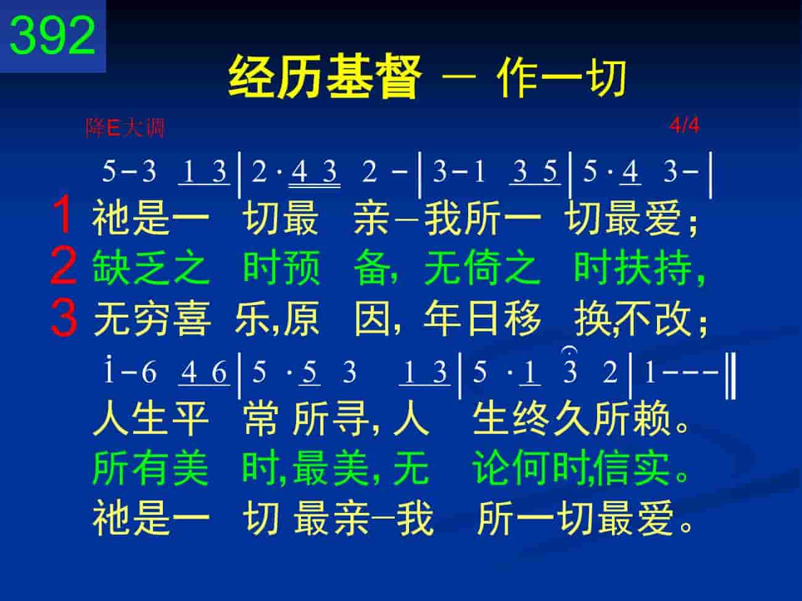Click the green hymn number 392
[52, 36]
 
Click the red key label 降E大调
[125, 128]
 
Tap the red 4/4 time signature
[684, 126]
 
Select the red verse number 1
[63, 214]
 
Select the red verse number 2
[64, 265]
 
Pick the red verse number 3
[64, 317]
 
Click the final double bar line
[730, 376]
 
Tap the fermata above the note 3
[569, 351]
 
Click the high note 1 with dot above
[109, 370]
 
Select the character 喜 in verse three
[192, 319]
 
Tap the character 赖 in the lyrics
[651, 418]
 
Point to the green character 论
[492, 468]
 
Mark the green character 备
[373, 268]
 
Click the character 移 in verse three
[523, 319]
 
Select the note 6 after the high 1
[149, 372]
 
